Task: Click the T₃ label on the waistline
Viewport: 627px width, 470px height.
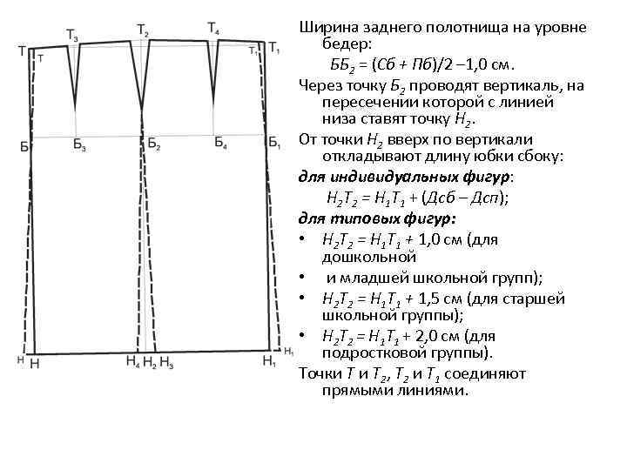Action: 71,35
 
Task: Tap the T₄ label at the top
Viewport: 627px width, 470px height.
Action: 213,29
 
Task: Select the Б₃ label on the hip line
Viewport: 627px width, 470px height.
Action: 79,145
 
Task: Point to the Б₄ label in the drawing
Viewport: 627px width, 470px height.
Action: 221,143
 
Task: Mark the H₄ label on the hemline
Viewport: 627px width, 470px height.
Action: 132,360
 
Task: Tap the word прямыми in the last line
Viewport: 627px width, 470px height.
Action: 350,391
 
